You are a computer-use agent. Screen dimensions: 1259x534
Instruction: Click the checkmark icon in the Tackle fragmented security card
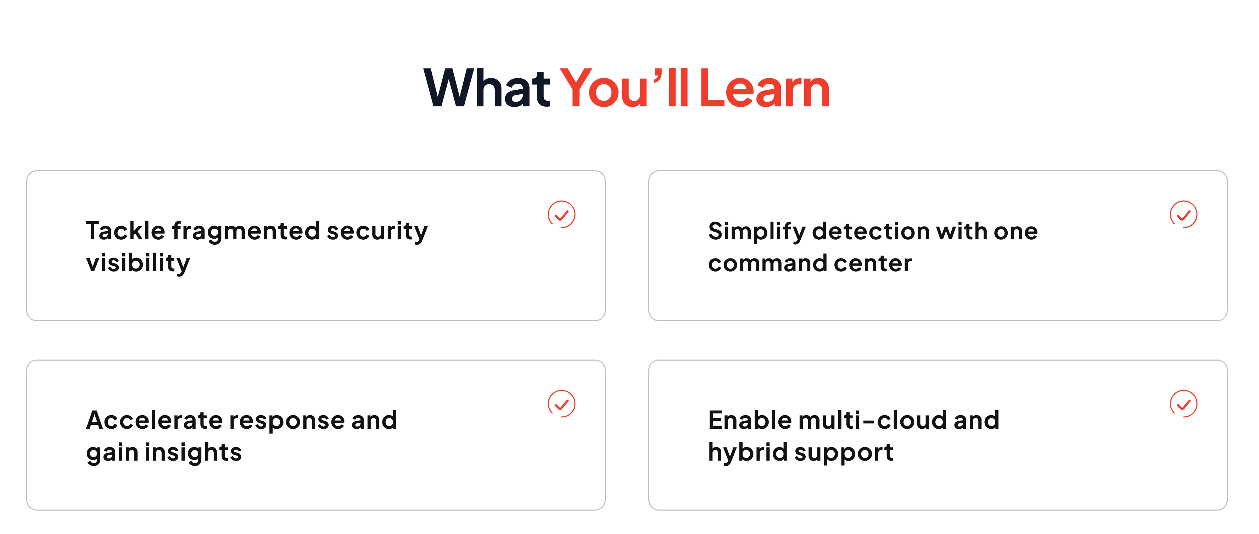click(561, 214)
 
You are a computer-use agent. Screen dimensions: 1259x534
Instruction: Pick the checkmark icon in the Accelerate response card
click(561, 404)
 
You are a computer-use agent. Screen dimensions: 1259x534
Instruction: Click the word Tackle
click(125, 230)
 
